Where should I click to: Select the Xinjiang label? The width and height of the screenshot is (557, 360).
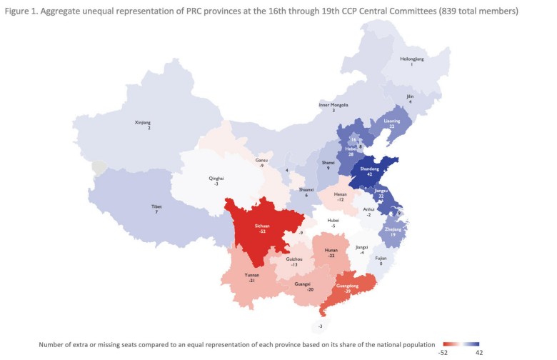click(x=144, y=123)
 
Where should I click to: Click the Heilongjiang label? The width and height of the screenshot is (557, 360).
click(x=411, y=60)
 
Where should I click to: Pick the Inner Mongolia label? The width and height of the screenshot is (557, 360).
click(x=333, y=105)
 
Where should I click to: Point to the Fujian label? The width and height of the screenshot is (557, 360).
click(x=381, y=259)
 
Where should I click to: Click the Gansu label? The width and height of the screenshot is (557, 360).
click(x=261, y=161)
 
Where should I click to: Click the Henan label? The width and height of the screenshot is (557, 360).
click(x=341, y=194)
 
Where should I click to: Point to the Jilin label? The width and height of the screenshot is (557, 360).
click(x=410, y=96)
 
